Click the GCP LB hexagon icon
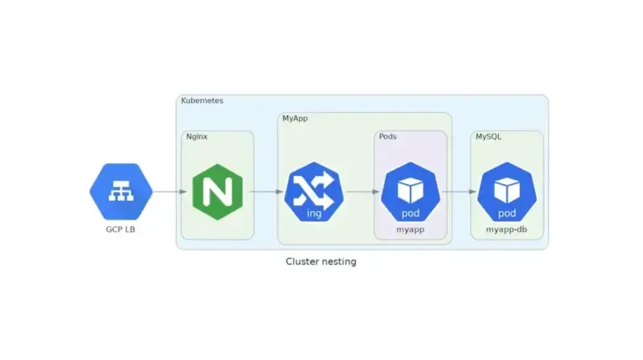click(121, 191)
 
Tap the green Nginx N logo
click(217, 192)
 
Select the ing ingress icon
click(314, 192)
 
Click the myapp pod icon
click(410, 192)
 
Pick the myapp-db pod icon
click(507, 192)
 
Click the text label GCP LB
click(121, 229)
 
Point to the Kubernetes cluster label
click(202, 100)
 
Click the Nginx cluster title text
click(197, 136)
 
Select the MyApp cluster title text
click(295, 119)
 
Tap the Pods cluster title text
click(388, 136)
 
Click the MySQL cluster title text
click(488, 136)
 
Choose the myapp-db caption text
click(507, 229)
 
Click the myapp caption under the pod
click(410, 229)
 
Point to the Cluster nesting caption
click(321, 261)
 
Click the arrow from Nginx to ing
click(265, 192)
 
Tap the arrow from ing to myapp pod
click(362, 192)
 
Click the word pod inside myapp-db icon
click(507, 213)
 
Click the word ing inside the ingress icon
click(314, 213)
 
